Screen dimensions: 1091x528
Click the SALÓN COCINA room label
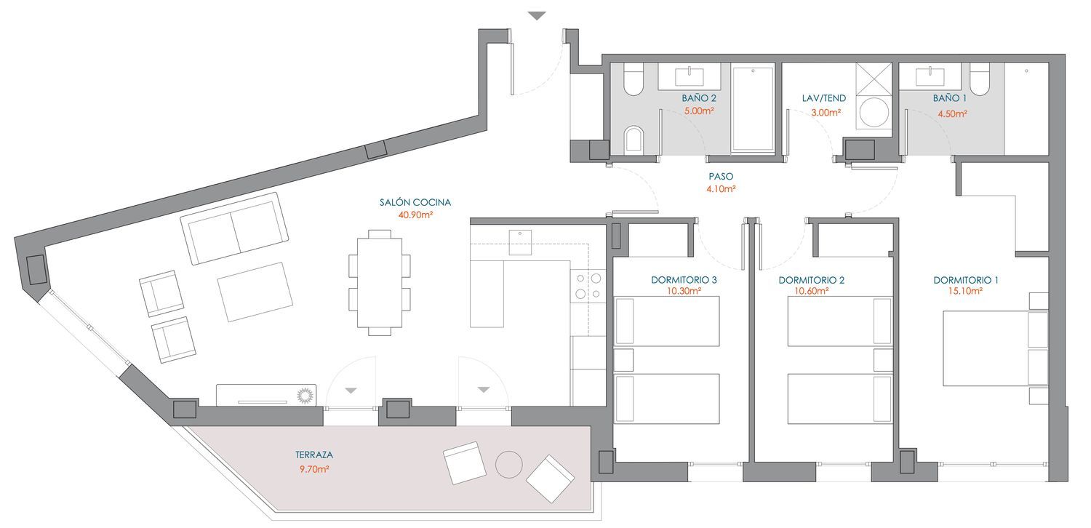(x=415, y=202)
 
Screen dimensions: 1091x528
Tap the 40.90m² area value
(x=415, y=215)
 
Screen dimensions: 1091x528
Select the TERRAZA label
(x=314, y=455)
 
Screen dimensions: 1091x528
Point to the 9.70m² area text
(x=314, y=469)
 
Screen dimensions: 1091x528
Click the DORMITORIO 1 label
(x=966, y=280)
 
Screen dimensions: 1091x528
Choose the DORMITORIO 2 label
(x=812, y=280)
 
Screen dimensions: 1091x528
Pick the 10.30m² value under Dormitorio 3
(x=684, y=291)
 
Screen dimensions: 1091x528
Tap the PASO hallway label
(x=721, y=176)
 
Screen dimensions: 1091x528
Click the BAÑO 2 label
(x=699, y=98)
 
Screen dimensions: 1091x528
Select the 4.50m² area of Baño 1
(x=952, y=113)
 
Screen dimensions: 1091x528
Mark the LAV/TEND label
(x=824, y=98)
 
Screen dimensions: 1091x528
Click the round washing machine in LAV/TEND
(x=874, y=113)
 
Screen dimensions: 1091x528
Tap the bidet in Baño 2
(x=634, y=138)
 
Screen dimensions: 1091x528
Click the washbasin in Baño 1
(x=930, y=76)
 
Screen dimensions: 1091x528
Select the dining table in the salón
(x=380, y=282)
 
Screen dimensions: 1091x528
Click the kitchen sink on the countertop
(x=520, y=243)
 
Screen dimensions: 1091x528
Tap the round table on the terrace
(x=509, y=465)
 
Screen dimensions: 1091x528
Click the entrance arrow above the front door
(x=537, y=16)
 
